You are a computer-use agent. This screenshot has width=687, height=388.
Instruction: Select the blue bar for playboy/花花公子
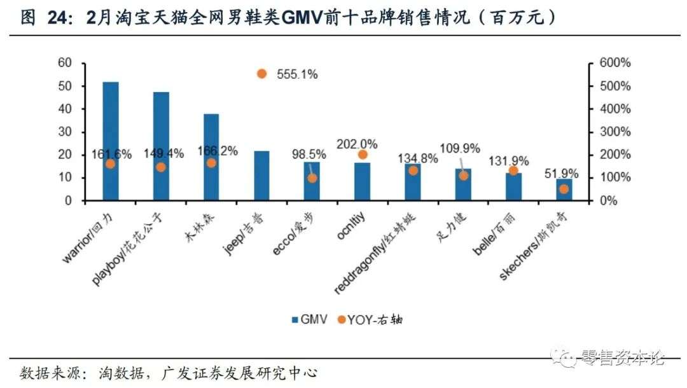[161, 146]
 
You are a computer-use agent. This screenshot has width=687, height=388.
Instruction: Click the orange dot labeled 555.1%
[261, 74]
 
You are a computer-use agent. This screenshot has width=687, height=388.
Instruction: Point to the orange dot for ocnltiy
[363, 155]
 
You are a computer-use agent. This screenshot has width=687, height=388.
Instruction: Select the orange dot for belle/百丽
[513, 170]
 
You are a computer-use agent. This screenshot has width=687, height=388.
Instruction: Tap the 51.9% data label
[562, 173]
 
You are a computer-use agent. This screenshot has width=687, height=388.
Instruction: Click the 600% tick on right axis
[614, 63]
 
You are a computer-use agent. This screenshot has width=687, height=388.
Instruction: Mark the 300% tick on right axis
[614, 132]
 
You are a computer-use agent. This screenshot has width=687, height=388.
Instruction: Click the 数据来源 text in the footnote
[46, 372]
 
